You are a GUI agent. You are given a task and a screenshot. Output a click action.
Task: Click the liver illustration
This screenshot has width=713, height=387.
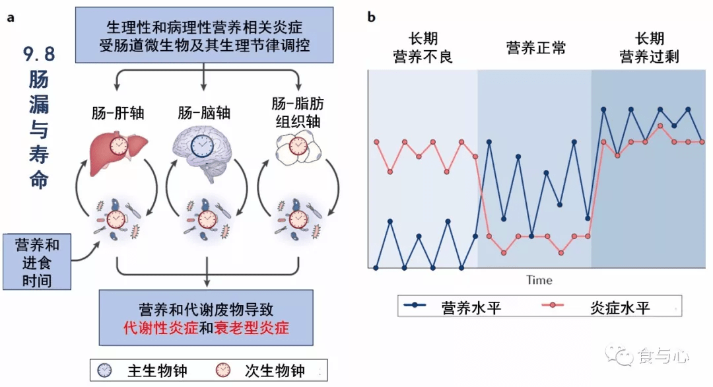pos(118,153)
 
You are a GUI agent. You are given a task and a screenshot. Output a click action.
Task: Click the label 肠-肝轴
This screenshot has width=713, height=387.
pos(118,113)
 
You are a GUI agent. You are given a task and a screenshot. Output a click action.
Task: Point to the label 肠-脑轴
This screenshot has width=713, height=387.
pos(204,113)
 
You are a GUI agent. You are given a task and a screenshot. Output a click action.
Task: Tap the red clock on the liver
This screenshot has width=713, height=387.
pos(119,145)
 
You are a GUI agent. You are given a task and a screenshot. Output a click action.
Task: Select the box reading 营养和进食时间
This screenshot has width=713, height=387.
pos(37,262)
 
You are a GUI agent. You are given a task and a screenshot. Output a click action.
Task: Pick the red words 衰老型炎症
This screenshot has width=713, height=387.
pos(252,328)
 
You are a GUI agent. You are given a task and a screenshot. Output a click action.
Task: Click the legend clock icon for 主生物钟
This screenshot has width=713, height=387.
pos(104,370)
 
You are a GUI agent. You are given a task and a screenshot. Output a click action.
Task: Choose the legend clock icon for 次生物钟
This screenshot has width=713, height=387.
pos(223,370)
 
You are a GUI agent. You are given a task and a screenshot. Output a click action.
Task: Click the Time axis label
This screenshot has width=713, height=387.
pos(539,280)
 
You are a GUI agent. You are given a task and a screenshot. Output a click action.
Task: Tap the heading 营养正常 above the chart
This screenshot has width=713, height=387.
pos(536,48)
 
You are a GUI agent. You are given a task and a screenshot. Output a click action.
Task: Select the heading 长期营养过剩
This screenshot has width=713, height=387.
pos(650,48)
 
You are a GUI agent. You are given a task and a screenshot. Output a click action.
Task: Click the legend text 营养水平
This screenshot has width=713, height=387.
pos(471,308)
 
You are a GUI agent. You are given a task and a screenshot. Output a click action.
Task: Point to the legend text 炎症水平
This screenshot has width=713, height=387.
pos(620,308)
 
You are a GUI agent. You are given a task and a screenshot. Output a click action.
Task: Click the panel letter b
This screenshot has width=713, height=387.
pos(372,17)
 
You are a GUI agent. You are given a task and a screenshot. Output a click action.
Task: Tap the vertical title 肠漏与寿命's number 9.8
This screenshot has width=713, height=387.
pos(39,54)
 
